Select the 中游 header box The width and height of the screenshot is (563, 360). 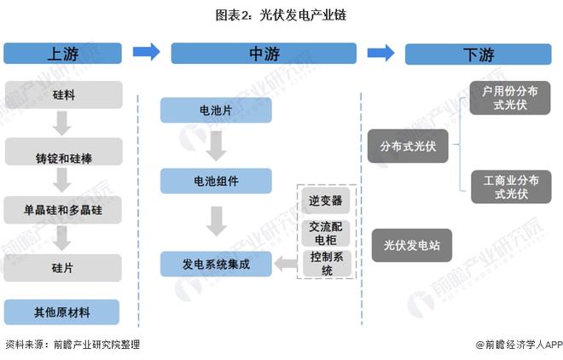tap(264, 53)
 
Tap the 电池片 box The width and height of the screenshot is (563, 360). tap(216, 111)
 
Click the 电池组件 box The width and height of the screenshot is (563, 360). tap(216, 180)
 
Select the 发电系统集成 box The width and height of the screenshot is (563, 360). tap(216, 264)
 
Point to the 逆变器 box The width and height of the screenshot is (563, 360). tap(325, 200)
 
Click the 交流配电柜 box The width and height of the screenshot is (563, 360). tap(325, 232)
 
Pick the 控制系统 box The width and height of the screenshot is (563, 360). tap(325, 264)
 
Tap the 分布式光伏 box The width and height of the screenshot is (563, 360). tap(408, 146)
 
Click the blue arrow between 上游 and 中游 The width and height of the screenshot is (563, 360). tap(146, 52)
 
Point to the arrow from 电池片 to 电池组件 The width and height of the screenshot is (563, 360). tap(216, 146)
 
